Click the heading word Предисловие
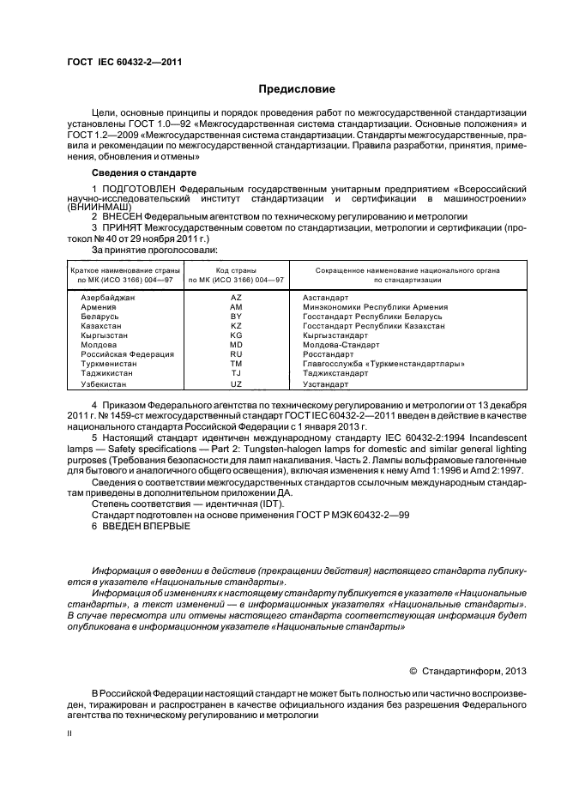(298, 89)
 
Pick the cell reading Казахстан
(101, 326)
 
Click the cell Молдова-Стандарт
(337, 345)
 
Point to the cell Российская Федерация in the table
(128, 354)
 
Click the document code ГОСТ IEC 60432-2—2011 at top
(124, 62)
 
